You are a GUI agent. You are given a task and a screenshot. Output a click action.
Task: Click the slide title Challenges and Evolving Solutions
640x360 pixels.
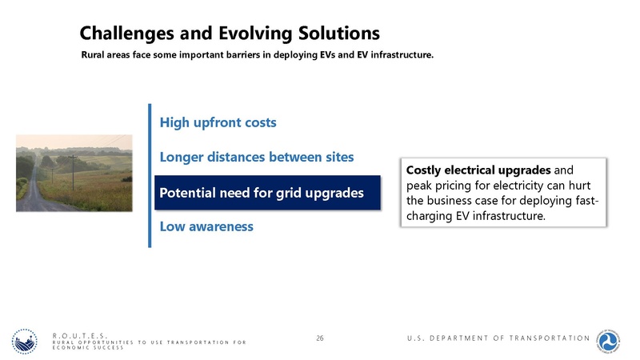[229, 33]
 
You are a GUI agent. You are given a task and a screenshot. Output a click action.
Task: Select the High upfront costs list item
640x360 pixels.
[218, 122]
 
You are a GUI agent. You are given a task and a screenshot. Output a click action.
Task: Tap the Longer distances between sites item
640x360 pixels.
[256, 157]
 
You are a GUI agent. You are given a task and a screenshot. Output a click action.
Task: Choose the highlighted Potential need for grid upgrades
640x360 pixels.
[262, 193]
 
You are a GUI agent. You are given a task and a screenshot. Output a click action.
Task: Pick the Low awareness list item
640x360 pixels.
[206, 226]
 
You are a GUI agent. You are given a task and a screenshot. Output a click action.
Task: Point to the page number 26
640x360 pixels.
[320, 339]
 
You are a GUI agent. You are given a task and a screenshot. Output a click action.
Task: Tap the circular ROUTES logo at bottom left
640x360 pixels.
[25, 342]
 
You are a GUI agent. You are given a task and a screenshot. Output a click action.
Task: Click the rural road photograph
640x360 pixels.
[74, 173]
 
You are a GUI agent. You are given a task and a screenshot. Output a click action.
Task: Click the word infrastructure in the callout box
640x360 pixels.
[506, 215]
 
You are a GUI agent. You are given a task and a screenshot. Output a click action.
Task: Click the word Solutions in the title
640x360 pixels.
[335, 33]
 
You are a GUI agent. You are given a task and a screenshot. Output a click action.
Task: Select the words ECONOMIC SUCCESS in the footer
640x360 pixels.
[88, 348]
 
